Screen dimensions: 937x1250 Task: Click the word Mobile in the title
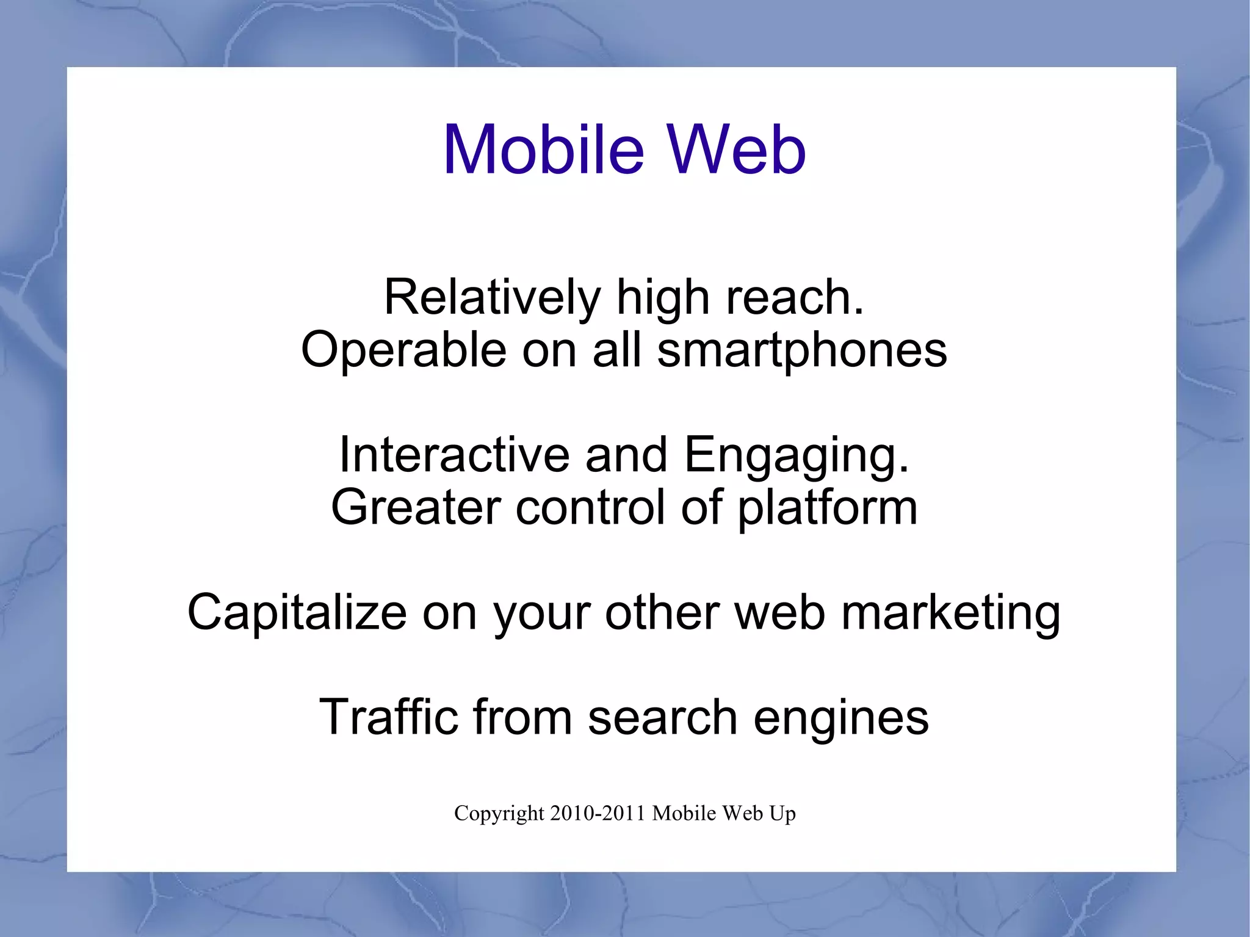543,150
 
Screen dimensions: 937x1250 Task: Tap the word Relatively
492,298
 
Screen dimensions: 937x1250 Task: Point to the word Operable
403,350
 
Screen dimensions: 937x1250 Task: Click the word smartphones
802,350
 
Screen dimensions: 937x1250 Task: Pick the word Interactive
453,455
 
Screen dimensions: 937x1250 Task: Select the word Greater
416,507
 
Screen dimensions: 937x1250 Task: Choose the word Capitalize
297,612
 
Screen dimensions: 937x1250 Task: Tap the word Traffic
388,717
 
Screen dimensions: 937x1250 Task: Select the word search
662,717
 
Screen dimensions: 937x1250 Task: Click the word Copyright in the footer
499,814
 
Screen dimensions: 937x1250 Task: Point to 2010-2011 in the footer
598,813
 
